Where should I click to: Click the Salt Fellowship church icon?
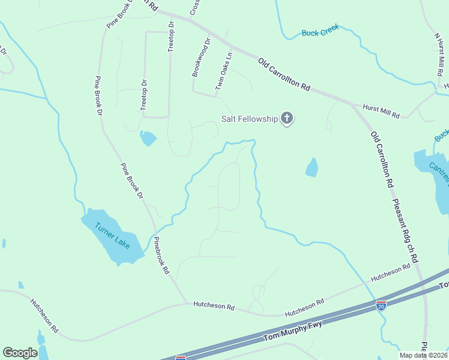click(x=287, y=118)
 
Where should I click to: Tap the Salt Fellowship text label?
click(x=250, y=119)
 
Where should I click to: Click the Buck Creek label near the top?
click(x=320, y=31)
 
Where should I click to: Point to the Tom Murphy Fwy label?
click(x=293, y=331)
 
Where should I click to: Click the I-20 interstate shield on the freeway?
click(x=381, y=305)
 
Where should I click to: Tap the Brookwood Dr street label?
click(x=201, y=58)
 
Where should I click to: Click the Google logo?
click(x=20, y=353)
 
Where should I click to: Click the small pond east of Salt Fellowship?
click(x=312, y=167)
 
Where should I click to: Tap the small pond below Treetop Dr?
click(x=148, y=138)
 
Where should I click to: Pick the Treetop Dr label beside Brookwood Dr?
click(x=170, y=37)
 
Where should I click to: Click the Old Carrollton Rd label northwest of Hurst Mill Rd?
click(x=284, y=74)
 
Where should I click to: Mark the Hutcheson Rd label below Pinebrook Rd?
click(x=214, y=305)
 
